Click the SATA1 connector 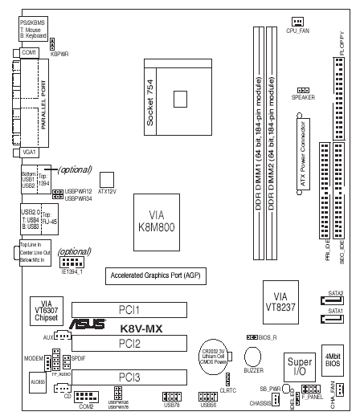point(334,321)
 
